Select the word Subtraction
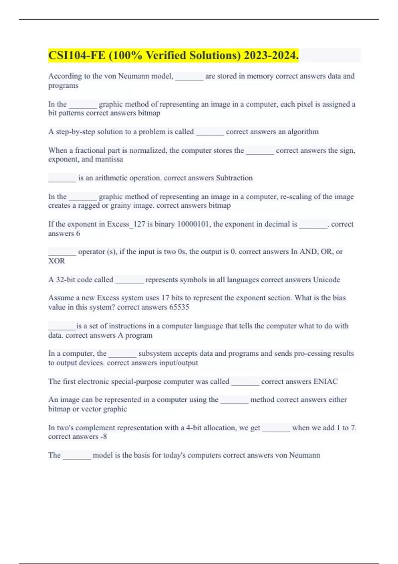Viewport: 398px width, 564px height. click(x=234, y=178)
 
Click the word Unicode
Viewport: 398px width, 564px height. click(x=326, y=280)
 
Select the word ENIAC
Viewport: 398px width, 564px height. click(x=325, y=382)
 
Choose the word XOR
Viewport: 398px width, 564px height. click(x=57, y=261)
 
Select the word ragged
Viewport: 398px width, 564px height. click(x=89, y=206)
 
